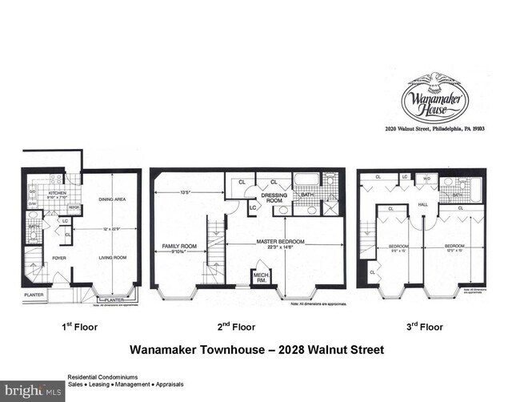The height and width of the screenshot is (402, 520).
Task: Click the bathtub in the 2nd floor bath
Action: tap(306, 179)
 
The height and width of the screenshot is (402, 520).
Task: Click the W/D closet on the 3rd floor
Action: tap(426, 179)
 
